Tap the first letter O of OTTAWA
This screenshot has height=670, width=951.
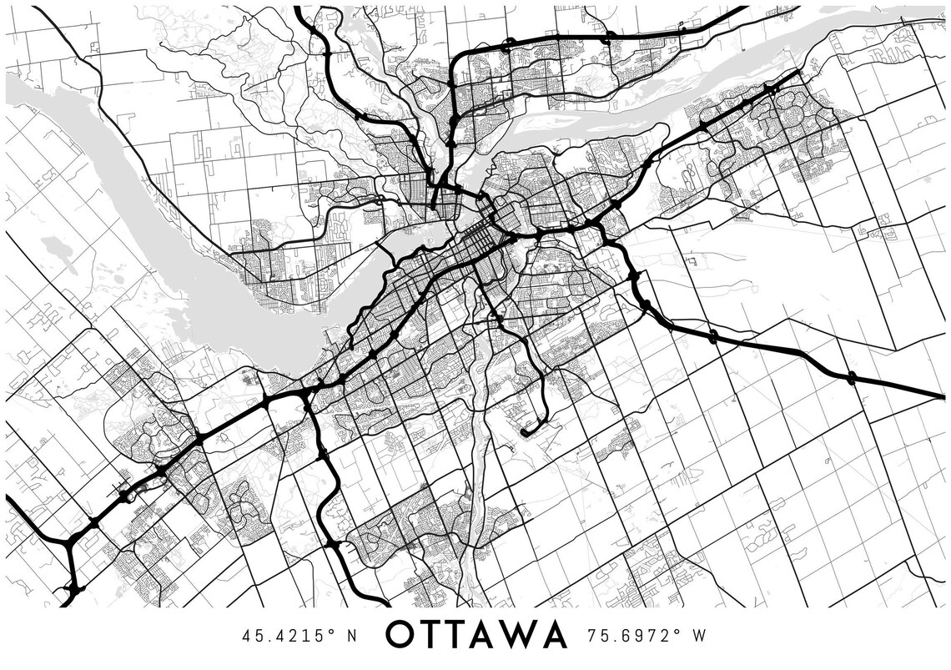(x=403, y=636)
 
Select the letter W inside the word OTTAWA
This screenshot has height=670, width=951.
(x=517, y=636)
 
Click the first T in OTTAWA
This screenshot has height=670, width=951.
(x=432, y=636)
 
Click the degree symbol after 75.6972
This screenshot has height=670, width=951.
(x=677, y=631)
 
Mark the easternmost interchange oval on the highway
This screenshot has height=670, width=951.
(x=851, y=378)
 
